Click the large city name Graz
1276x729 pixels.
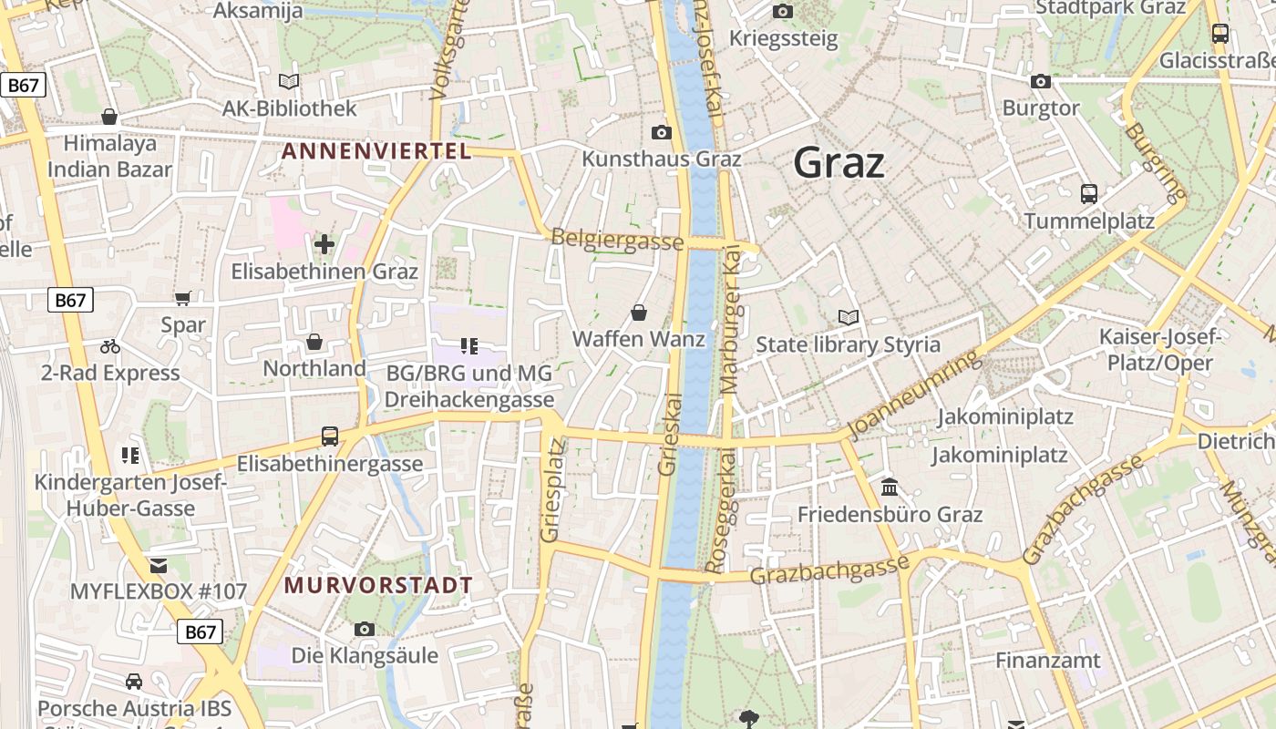(839, 163)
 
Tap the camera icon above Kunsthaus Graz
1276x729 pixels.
(662, 133)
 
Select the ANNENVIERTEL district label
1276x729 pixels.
(376, 151)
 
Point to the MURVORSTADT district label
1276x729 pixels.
(378, 585)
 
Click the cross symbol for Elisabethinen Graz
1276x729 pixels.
(324, 244)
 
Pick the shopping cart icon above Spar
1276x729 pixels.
(183, 298)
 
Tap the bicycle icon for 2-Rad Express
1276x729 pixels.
(110, 346)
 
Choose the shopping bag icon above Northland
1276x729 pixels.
(314, 342)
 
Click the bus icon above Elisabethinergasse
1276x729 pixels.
(330, 436)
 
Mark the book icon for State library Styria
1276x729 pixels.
(849, 318)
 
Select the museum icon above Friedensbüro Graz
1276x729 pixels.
(890, 488)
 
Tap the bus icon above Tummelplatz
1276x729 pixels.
(1089, 193)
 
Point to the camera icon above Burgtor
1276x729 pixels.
(1040, 82)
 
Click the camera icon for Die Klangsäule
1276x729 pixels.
(365, 629)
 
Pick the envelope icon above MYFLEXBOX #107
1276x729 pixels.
(159, 565)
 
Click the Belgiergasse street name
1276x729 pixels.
(617, 241)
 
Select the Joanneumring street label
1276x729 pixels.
(914, 394)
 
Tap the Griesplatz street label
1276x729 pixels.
(552, 490)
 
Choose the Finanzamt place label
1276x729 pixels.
(1047, 660)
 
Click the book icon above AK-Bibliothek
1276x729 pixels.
(289, 82)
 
